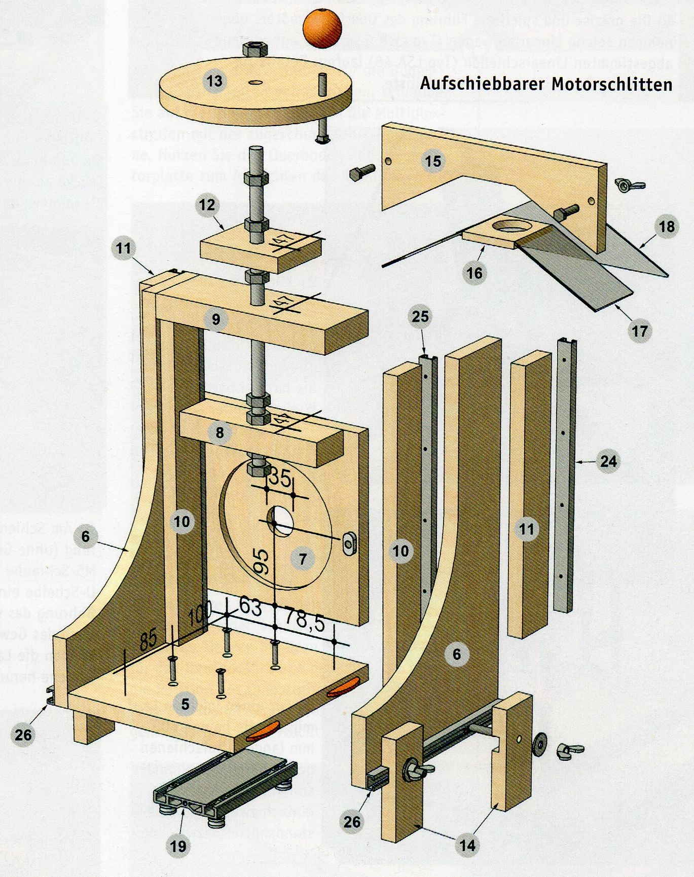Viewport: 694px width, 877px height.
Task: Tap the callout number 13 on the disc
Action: (x=214, y=81)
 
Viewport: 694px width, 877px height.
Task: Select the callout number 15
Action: (x=433, y=161)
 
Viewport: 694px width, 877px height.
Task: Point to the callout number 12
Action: (x=207, y=205)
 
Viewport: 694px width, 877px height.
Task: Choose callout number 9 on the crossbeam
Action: (x=216, y=320)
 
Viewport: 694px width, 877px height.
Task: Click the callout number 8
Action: (x=220, y=433)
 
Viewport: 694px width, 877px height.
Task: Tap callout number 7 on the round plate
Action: (x=303, y=559)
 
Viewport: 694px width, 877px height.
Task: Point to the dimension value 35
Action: (x=280, y=478)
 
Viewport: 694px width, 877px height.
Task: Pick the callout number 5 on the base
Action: (x=185, y=704)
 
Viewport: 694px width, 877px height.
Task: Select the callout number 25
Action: (x=420, y=317)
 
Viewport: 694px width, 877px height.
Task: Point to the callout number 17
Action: (x=640, y=331)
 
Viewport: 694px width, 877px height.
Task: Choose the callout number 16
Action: (x=474, y=273)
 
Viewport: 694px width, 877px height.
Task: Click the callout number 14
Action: (x=467, y=845)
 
